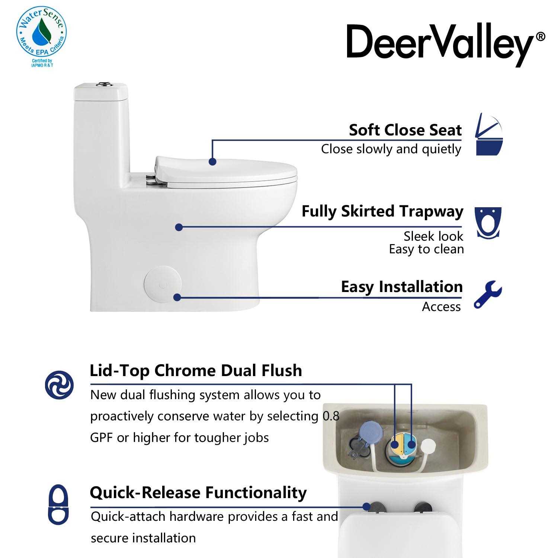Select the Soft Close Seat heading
click(x=405, y=130)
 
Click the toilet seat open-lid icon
click(x=489, y=134)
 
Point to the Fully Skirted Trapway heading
click(x=382, y=211)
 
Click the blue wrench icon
click(x=488, y=295)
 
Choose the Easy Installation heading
click(x=401, y=287)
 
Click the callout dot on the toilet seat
click(x=212, y=161)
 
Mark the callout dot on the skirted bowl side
click(x=179, y=227)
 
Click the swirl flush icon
click(x=59, y=385)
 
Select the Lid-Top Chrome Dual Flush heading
click(x=196, y=371)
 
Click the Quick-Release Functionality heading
click(x=198, y=493)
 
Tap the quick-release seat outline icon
click(x=59, y=504)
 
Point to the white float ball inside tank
click(x=429, y=445)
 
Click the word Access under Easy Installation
click(x=441, y=307)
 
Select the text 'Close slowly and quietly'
click(x=391, y=149)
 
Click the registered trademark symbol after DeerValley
click(x=541, y=36)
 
